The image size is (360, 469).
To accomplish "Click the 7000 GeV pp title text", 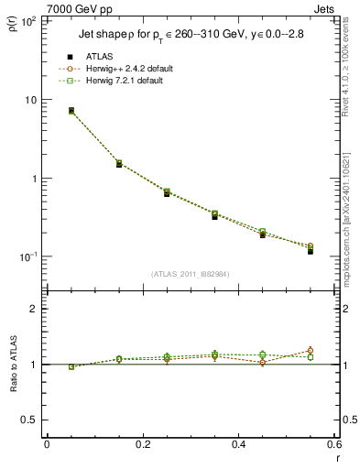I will (x=80, y=8).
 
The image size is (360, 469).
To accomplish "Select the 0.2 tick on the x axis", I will (x=142, y=444).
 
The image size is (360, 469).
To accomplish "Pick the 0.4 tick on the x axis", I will (x=238, y=444).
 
